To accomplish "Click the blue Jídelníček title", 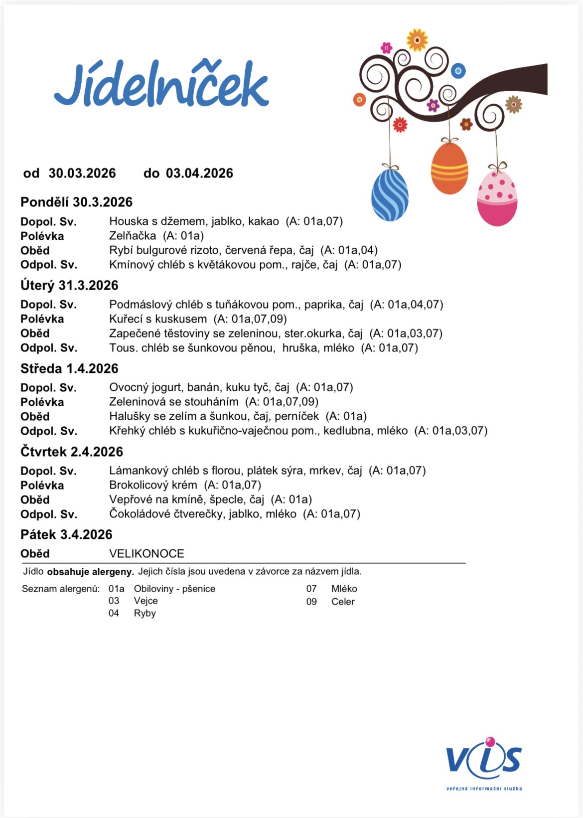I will tap(161, 85).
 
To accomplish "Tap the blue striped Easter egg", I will tap(390, 194).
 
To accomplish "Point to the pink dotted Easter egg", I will tap(497, 198).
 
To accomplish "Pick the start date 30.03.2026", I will tap(82, 173).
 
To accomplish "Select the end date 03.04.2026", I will tap(199, 173).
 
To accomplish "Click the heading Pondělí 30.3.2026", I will tap(76, 202).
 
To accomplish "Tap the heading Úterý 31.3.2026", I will tap(69, 286).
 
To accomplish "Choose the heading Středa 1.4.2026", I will tap(69, 369).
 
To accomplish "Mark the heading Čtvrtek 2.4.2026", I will tap(72, 452).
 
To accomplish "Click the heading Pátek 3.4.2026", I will tap(66, 535).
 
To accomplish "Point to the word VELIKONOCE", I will tap(146, 554).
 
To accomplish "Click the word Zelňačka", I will tap(133, 236).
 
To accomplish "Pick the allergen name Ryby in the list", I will tap(145, 614).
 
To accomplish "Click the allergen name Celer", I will tap(343, 602).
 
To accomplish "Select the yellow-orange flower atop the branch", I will tap(417, 40).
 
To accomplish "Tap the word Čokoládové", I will tap(141, 514).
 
